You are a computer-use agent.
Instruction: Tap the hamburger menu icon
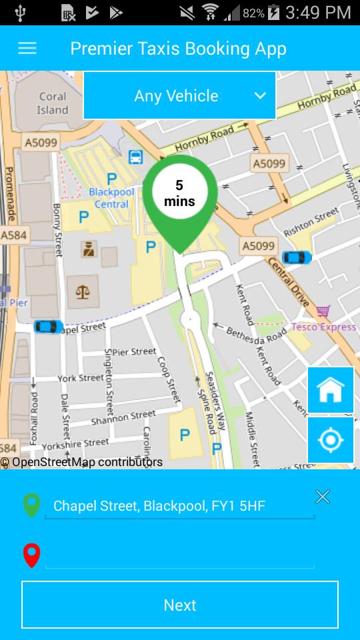(x=27, y=49)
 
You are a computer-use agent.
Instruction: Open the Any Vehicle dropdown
(x=179, y=95)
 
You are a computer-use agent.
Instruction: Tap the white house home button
(x=331, y=390)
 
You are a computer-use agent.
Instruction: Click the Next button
(x=180, y=605)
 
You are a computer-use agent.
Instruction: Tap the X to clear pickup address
(x=323, y=497)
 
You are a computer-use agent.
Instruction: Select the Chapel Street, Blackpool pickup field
(x=179, y=506)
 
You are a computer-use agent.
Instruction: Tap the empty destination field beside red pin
(x=179, y=556)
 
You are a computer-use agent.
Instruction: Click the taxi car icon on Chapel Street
(x=48, y=326)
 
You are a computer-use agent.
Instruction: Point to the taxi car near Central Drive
(x=297, y=257)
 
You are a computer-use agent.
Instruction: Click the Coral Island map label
(x=53, y=103)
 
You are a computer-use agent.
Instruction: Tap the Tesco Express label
(x=323, y=327)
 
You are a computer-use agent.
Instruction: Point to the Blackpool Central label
(x=111, y=198)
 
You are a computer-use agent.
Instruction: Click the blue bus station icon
(x=135, y=157)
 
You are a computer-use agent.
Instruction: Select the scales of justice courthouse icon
(x=83, y=292)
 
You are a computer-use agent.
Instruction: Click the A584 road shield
(x=13, y=235)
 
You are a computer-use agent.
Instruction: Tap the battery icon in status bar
(x=273, y=12)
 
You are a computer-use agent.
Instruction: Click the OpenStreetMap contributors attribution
(x=81, y=462)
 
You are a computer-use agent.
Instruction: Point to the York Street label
(x=81, y=378)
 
